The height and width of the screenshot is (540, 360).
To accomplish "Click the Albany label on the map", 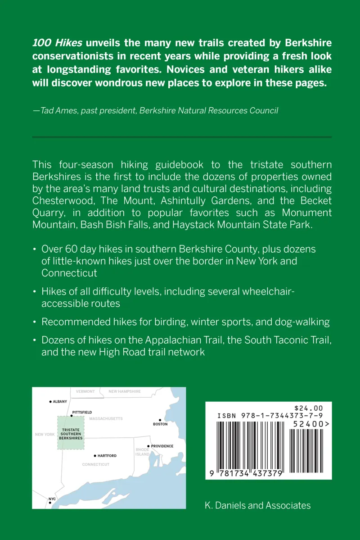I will (x=60, y=401).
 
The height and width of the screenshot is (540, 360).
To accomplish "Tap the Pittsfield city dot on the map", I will (x=72, y=416).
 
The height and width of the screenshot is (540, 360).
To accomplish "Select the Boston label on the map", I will (x=160, y=424).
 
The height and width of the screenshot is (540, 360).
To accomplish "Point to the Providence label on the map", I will (x=162, y=446).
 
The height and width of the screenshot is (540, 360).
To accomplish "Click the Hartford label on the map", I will (x=107, y=456).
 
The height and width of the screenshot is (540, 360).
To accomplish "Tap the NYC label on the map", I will (x=52, y=499).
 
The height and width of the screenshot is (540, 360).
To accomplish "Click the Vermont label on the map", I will (x=85, y=391).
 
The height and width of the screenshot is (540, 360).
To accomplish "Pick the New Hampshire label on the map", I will (x=125, y=391).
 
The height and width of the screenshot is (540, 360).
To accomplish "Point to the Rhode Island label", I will (x=142, y=452).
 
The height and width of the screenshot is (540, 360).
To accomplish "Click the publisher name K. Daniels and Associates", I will (x=257, y=505).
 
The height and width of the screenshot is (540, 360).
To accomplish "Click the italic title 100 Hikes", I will (x=57, y=43).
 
